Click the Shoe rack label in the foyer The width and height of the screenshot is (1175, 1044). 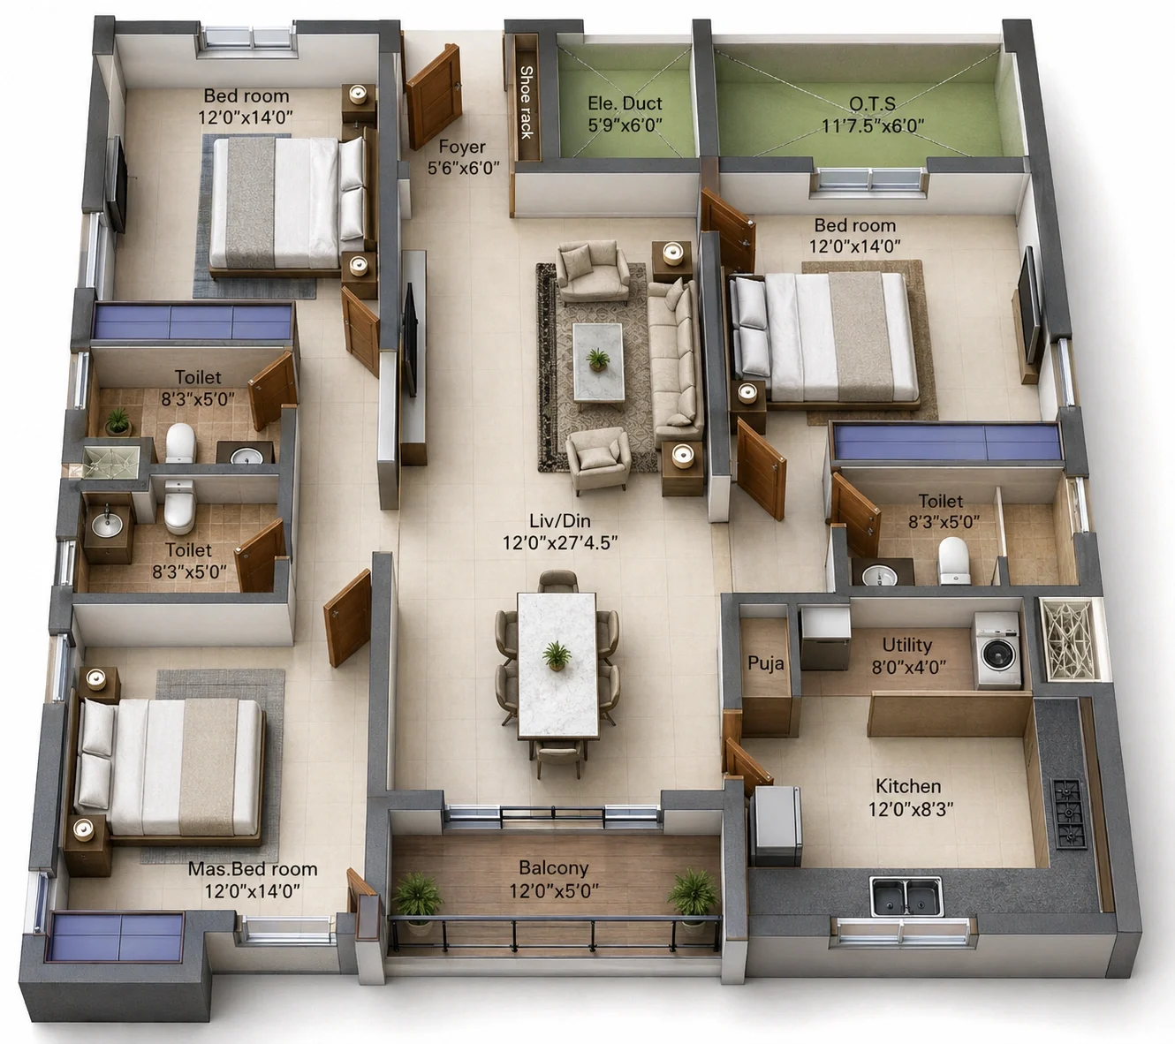point(526,102)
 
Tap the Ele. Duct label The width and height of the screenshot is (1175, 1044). point(625,103)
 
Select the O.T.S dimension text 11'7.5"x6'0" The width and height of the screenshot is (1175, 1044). point(872,125)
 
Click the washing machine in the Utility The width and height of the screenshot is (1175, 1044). point(997,650)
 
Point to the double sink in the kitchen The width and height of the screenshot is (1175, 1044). point(906,896)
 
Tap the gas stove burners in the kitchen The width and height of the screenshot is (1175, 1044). point(1069,813)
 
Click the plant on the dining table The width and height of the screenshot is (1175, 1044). point(557,655)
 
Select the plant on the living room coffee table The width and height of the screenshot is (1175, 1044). point(597,359)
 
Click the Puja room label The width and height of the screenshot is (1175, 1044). point(766,663)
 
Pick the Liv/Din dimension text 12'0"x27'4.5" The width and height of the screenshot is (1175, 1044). point(559,543)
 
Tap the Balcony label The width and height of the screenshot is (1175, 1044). point(554,867)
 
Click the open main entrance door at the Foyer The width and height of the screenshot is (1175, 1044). point(434,96)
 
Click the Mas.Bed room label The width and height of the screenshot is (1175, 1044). point(253,869)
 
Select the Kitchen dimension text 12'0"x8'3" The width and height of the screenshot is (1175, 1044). point(911,808)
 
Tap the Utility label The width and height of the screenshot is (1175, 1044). point(907,645)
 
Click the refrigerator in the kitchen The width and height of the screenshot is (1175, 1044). point(777,826)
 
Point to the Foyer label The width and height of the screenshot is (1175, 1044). point(462,146)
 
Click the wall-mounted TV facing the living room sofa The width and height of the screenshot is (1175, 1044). point(410,339)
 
